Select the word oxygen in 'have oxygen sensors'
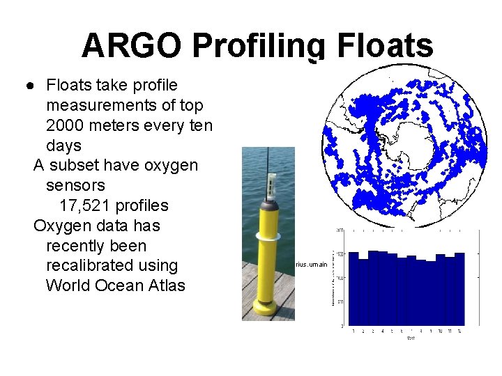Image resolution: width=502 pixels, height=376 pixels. pos(171,166)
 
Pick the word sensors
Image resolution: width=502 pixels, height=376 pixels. pos(75,186)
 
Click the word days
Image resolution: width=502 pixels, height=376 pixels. pos(63,146)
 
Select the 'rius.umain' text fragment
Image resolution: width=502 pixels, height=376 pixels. pos(311,265)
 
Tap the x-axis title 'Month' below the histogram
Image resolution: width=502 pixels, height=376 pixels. pos(411,338)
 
